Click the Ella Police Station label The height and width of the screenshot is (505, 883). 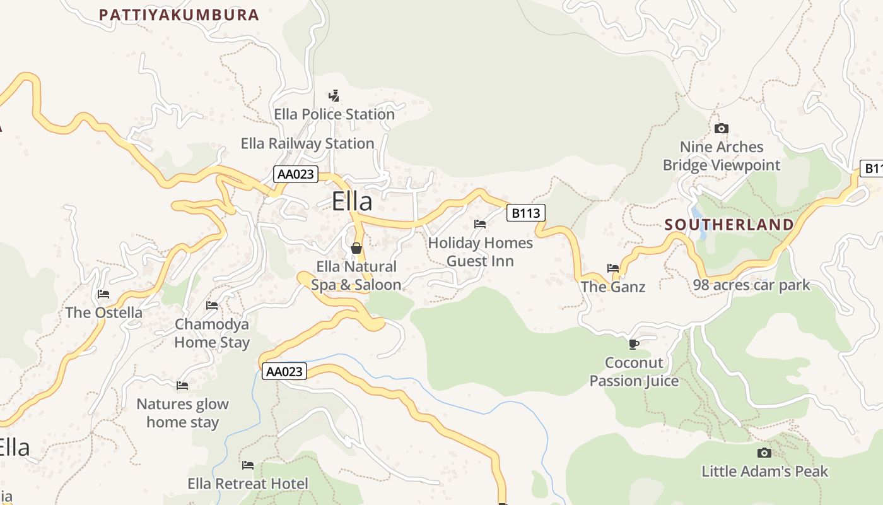334,114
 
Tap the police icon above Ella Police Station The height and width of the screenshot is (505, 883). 334,96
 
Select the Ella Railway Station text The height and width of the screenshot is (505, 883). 308,143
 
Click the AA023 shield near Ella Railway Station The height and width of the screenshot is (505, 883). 296,174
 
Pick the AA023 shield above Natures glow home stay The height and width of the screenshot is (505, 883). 284,371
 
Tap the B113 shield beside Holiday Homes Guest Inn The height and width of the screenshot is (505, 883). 525,213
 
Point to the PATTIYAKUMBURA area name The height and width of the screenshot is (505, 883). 179,15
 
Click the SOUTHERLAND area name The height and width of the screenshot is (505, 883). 729,225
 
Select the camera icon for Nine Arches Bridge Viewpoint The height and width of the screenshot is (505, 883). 722,129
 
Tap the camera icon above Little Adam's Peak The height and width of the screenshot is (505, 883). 764,453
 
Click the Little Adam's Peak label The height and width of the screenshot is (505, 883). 764,471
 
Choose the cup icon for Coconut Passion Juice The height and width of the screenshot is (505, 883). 634,344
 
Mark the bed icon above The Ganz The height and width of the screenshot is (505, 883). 612,268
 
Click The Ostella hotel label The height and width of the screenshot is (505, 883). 104,312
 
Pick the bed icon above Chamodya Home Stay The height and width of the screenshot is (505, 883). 212,306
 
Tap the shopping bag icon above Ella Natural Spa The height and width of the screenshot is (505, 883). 356,248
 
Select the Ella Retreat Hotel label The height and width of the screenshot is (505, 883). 248,484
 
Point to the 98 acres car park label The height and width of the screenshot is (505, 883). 751,285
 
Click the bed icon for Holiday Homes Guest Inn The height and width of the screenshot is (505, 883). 480,224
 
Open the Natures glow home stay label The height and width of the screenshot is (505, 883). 183,413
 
